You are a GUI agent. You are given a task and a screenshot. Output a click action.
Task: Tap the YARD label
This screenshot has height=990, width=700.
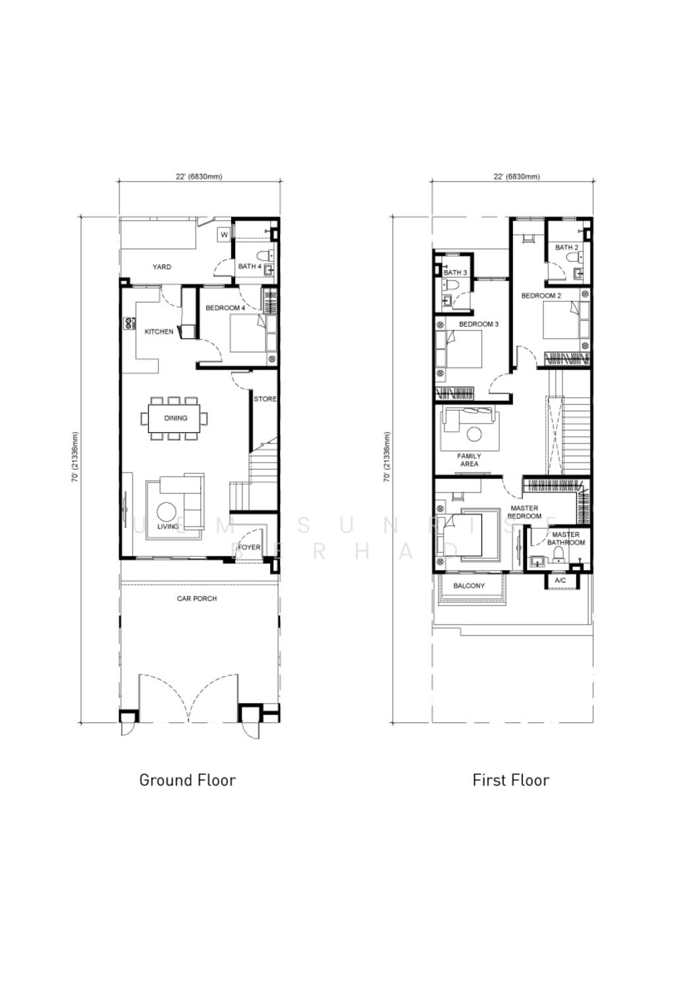[162, 267]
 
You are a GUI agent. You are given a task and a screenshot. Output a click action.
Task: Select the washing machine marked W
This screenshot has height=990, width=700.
[224, 235]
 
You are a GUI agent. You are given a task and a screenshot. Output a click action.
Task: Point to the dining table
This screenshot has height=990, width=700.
[174, 418]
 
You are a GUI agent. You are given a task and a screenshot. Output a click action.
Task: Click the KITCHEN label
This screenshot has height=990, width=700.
[158, 331]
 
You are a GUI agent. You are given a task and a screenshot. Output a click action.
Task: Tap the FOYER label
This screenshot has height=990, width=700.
[250, 547]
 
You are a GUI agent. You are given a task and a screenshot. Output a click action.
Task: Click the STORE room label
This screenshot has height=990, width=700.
[265, 399]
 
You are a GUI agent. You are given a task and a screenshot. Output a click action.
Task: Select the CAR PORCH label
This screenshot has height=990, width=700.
[197, 599]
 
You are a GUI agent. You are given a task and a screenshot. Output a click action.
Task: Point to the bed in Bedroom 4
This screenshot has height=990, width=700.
[248, 333]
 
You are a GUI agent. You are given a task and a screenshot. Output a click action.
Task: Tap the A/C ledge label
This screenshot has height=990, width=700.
[560, 580]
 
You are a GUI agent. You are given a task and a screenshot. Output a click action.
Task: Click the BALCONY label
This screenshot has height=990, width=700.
[469, 585]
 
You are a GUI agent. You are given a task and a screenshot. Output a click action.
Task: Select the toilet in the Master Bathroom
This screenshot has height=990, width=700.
[559, 554]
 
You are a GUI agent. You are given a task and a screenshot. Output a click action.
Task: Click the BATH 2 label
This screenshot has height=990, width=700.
[567, 247]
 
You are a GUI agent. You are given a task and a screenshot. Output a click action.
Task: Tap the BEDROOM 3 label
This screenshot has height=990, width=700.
[479, 324]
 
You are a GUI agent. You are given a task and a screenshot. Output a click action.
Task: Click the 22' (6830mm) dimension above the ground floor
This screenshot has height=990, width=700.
[199, 177]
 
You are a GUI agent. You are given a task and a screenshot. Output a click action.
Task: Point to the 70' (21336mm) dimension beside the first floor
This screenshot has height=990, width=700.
[388, 457]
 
